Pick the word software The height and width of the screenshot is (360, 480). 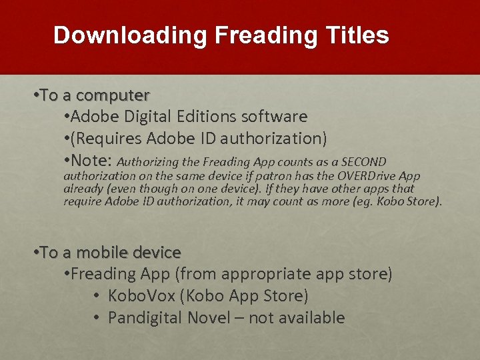pos(275,117)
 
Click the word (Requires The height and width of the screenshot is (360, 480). pos(106,139)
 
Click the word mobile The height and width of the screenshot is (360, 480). pos(101,253)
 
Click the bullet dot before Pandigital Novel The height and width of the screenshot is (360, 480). pos(97,318)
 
